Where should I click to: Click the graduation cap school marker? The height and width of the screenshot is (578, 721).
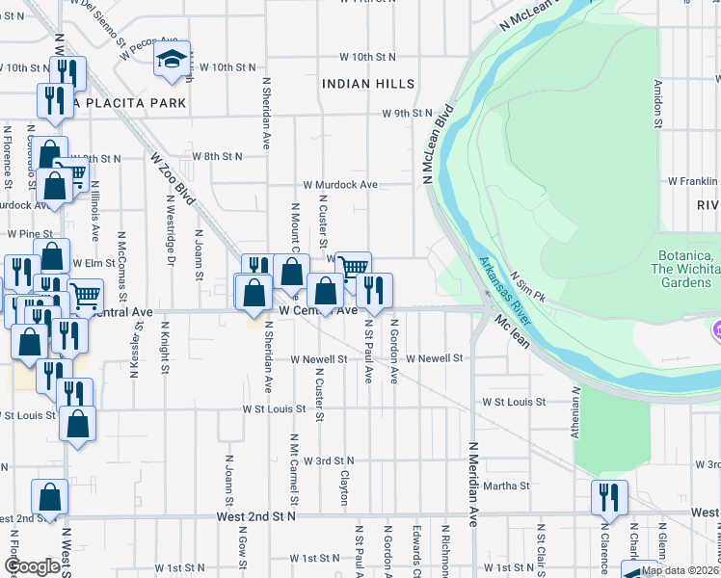(172, 60)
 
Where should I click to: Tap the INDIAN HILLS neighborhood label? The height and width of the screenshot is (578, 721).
(367, 84)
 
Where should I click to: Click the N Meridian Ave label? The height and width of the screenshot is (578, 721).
(473, 483)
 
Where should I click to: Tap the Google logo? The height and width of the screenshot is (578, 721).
(31, 566)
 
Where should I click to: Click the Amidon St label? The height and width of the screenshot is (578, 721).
(659, 103)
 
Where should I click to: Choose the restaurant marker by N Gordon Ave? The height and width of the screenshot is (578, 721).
(374, 289)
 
